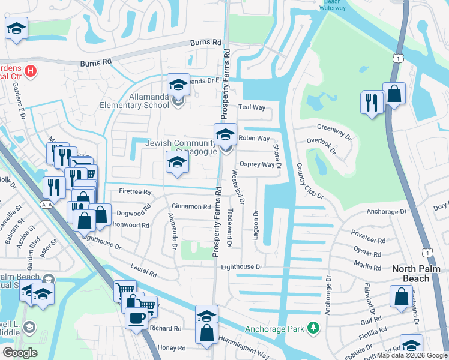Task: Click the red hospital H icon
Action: pyautogui.click(x=31, y=71)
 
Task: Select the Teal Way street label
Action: pyautogui.click(x=252, y=107)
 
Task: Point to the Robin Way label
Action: pyautogui.click(x=254, y=139)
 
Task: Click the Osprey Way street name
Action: pyautogui.click(x=256, y=164)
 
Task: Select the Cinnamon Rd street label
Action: pyautogui.click(x=191, y=206)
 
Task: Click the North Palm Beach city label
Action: pyautogui.click(x=420, y=269)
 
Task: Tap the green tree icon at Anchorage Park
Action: pyautogui.click(x=312, y=328)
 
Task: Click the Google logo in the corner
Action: pyautogui.click(x=20, y=353)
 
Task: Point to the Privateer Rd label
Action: pyautogui.click(x=370, y=239)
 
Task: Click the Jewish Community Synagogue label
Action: pyautogui.click(x=180, y=146)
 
